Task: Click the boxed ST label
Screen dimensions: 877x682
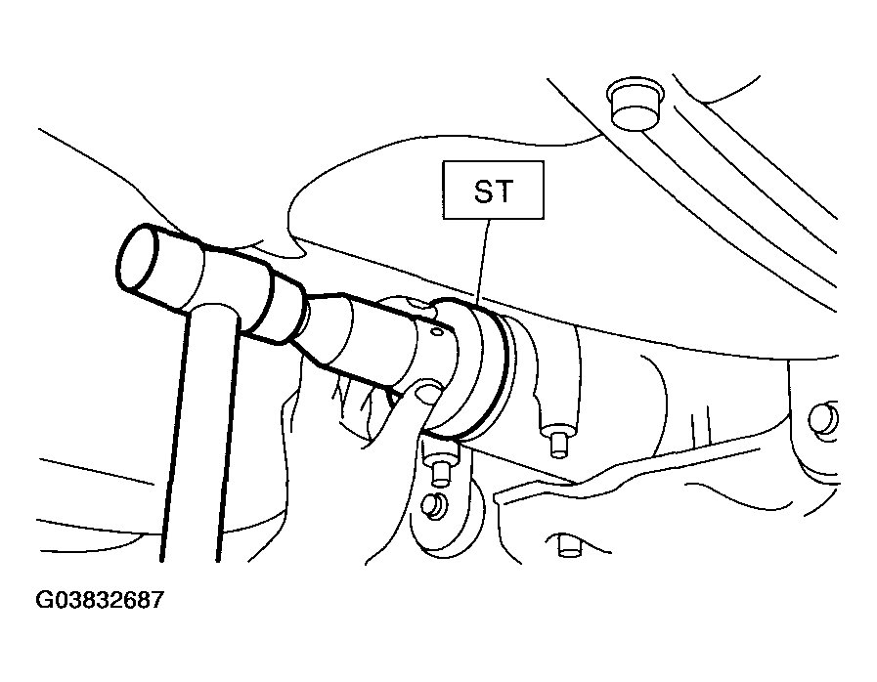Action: (x=494, y=191)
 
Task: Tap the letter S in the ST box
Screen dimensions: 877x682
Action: (x=484, y=192)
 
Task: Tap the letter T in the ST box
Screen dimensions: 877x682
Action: (x=504, y=192)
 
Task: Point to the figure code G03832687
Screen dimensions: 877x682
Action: (x=100, y=600)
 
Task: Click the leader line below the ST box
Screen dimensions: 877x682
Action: (x=482, y=262)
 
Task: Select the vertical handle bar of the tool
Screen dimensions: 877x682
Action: (x=200, y=433)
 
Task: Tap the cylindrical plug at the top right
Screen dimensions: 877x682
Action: (x=636, y=104)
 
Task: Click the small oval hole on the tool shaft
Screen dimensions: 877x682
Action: (x=437, y=332)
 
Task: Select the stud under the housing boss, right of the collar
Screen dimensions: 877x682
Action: (x=557, y=443)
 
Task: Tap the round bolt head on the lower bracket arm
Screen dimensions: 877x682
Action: (x=433, y=506)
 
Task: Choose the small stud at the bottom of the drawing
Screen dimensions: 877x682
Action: (x=569, y=545)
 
